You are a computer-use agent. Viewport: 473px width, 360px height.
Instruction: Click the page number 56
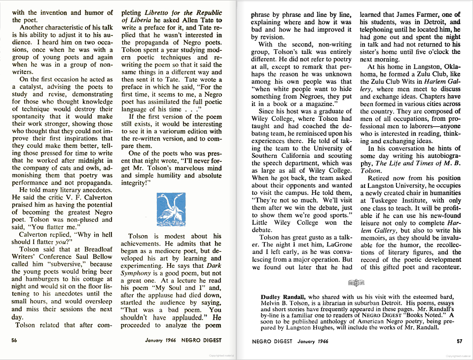14,340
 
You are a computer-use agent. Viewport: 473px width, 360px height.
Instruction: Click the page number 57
459,340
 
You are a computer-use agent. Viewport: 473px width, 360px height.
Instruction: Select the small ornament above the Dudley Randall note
355,283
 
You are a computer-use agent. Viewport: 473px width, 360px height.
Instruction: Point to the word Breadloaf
98,250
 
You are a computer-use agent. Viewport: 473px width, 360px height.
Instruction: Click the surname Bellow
99,257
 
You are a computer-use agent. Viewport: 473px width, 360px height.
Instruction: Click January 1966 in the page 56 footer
161,340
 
